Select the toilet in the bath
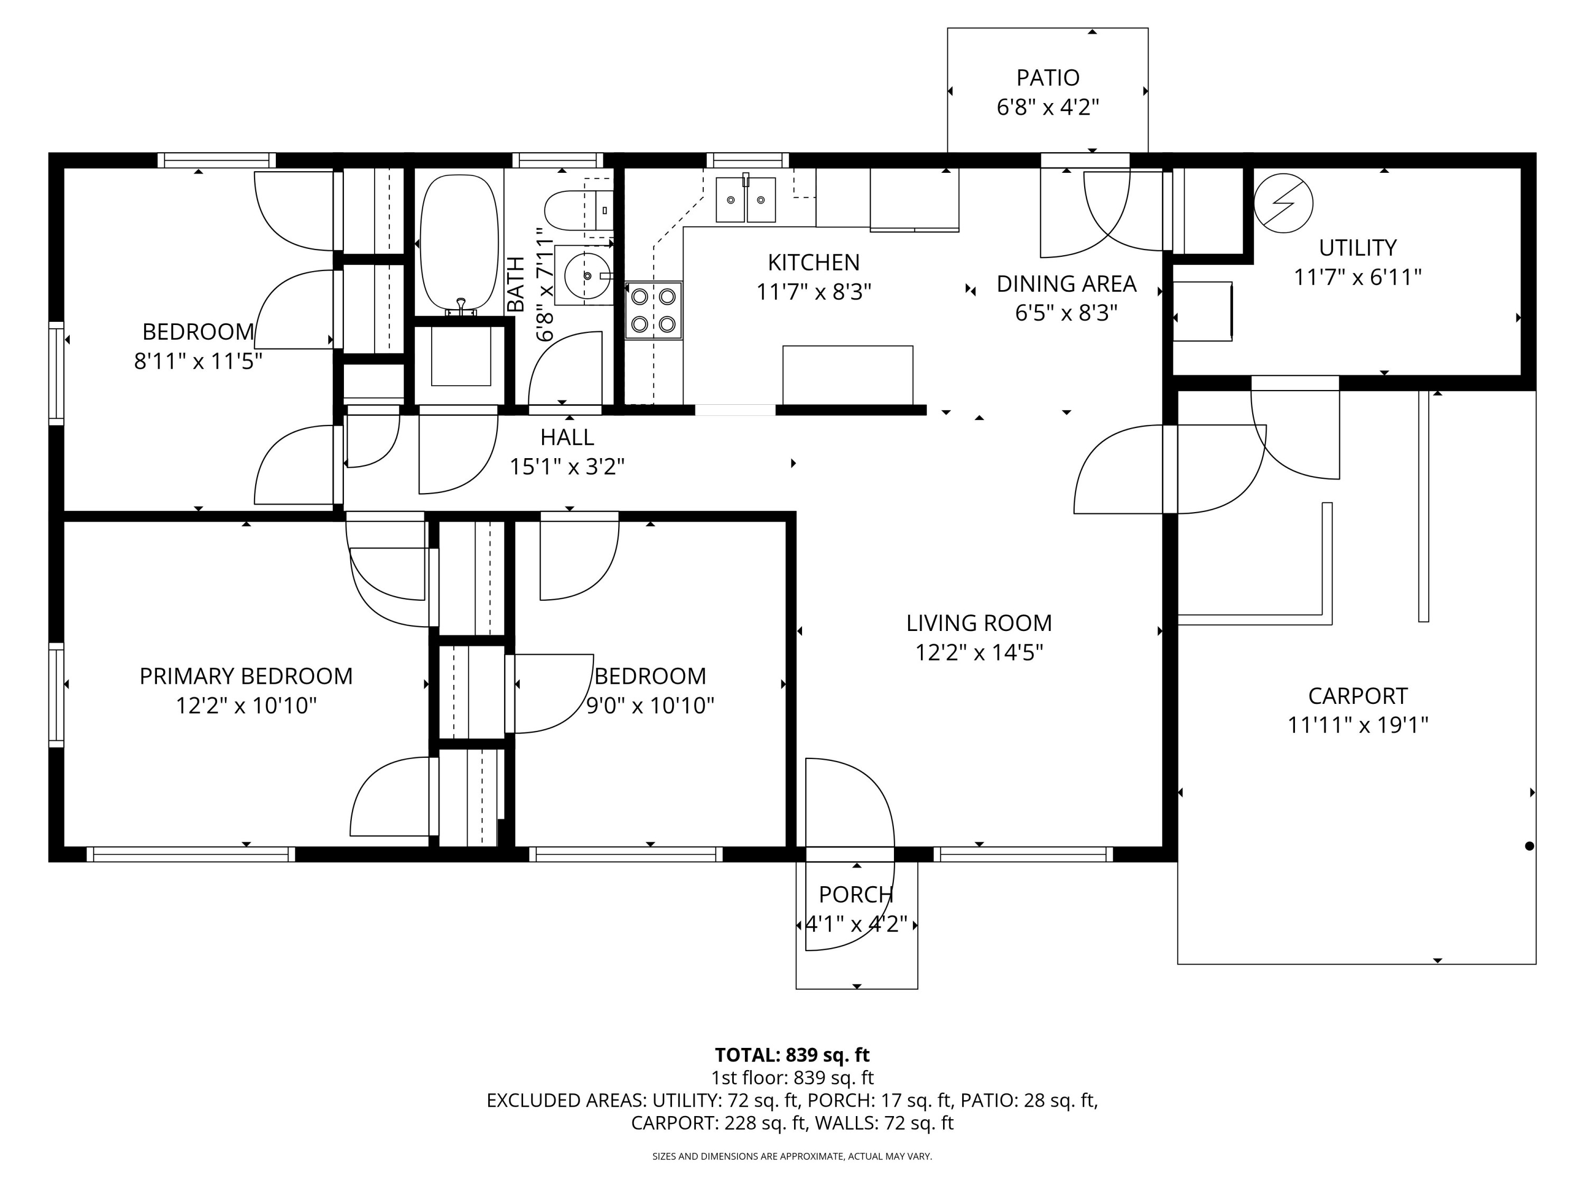tap(573, 210)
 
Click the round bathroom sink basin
tap(587, 275)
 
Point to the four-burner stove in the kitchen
tap(653, 310)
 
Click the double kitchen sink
tap(745, 200)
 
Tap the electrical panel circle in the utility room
tap(1283, 203)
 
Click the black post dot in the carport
tap(1528, 846)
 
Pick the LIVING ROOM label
tap(979, 623)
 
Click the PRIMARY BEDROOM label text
tap(246, 676)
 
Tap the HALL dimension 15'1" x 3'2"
tap(567, 467)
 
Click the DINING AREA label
tap(1066, 284)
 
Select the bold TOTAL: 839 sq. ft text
tap(792, 1055)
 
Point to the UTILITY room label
tap(1357, 248)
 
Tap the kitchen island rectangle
tap(847, 375)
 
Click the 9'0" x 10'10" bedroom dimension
tap(650, 706)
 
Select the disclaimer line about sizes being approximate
tap(792, 1156)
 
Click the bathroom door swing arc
tap(566, 369)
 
